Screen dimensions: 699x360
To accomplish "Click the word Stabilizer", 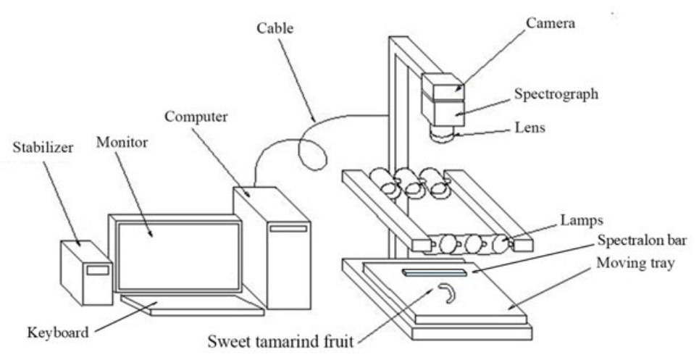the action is tap(43, 148).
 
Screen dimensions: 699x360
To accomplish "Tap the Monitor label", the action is tap(122, 142).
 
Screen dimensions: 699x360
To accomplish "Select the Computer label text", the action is tap(196, 117).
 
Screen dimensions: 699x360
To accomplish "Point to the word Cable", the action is tap(275, 28).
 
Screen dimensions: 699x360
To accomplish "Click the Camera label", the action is tap(551, 22).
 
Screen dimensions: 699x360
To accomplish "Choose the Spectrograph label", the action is tap(556, 94).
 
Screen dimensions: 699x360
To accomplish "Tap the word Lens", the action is tap(530, 127).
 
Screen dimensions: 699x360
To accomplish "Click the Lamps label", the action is tap(582, 220).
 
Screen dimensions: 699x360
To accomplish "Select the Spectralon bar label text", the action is tap(642, 240).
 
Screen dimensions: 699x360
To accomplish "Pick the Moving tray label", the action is tap(635, 263).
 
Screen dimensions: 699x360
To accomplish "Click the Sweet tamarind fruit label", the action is tap(280, 342).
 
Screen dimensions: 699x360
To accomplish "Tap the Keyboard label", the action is tap(58, 332).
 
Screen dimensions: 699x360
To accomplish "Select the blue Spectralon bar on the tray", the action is tap(435, 272).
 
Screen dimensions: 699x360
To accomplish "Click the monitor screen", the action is tap(179, 255).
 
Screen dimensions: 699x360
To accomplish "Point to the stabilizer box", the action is tap(87, 272).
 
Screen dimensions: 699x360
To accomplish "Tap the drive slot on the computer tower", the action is tap(288, 229).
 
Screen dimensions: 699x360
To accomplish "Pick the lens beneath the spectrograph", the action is tap(443, 134).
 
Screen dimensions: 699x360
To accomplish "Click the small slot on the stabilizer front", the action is tap(98, 270).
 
